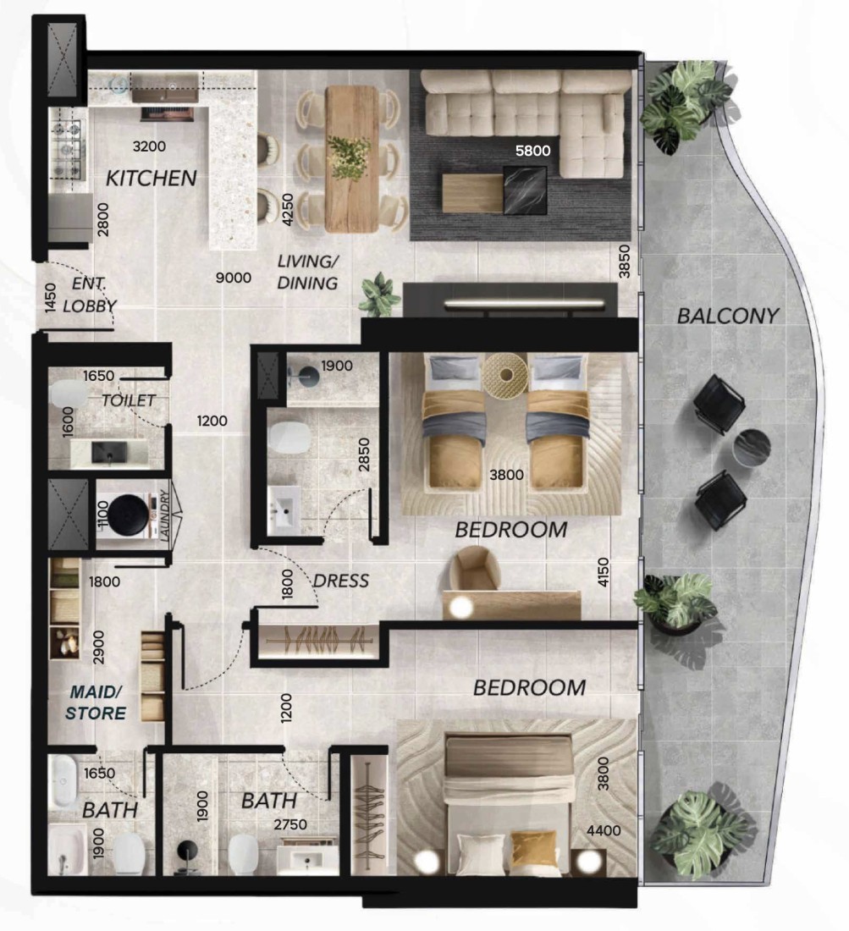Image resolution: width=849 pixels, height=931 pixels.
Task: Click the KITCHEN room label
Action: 151,178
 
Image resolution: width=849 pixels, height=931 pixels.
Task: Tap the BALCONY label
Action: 728,316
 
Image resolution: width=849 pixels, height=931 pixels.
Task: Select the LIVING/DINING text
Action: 307,272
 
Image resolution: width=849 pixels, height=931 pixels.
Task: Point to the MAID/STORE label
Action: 96,702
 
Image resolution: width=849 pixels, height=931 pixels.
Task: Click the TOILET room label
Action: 129,400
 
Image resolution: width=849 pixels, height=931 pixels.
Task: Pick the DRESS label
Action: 341,581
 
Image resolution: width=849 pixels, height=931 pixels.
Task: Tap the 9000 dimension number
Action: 234,278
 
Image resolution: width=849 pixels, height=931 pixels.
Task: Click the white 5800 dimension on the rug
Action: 532,151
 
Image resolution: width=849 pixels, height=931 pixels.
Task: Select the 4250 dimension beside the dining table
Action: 287,209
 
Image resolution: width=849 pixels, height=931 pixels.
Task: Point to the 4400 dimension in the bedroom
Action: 604,830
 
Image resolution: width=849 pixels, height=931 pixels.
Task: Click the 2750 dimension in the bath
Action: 290,824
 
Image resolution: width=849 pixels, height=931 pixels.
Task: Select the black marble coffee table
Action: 525,190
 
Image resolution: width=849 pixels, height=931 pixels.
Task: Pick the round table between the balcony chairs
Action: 752,448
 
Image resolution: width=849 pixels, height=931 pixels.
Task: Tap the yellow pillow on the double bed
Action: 534,851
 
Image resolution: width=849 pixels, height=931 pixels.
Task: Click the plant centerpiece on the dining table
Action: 350,157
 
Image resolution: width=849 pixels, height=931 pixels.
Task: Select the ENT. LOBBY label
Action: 91,295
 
